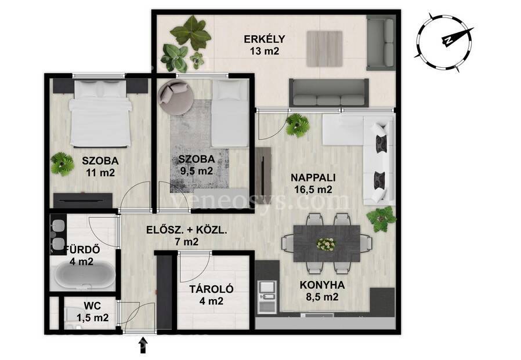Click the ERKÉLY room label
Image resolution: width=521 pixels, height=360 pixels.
(264, 39)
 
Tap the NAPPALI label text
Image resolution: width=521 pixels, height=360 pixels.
(313, 177)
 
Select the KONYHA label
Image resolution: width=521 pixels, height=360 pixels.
(322, 285)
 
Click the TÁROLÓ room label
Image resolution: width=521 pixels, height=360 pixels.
(211, 289)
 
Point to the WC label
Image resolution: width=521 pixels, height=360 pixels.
(92, 306)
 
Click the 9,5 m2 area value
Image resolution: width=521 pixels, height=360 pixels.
(195, 171)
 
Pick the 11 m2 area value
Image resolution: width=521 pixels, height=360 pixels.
(100, 173)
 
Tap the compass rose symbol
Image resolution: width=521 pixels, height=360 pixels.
(444, 42)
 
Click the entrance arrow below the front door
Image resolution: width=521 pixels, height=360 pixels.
(143, 345)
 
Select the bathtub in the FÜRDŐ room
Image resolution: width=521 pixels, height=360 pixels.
(85, 275)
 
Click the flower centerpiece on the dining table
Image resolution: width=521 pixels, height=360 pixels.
(326, 244)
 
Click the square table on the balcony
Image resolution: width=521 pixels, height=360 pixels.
(324, 49)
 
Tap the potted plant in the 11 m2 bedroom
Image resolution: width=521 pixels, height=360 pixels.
(62, 163)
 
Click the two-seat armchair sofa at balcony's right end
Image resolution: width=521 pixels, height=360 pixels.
(381, 44)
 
